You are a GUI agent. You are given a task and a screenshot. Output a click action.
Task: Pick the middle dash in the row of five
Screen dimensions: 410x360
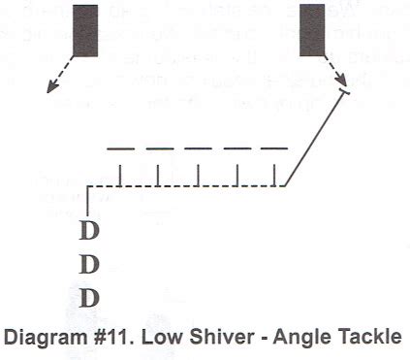click(x=198, y=148)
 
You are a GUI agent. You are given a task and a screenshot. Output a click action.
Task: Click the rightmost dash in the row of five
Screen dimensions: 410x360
click(x=274, y=148)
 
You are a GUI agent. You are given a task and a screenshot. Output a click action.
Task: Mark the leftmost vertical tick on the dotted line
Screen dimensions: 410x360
click(x=120, y=176)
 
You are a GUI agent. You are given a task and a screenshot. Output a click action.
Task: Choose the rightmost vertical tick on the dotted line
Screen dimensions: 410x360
click(x=277, y=176)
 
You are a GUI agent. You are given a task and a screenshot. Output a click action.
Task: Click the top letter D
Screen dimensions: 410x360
click(x=88, y=231)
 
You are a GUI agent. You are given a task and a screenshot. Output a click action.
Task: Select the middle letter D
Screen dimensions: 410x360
click(x=88, y=263)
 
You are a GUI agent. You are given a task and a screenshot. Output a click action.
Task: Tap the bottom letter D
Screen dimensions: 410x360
click(x=88, y=295)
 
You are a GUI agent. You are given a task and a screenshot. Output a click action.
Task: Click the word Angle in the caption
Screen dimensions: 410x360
click(x=292, y=338)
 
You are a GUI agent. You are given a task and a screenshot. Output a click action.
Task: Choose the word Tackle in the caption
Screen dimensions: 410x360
click(x=359, y=338)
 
